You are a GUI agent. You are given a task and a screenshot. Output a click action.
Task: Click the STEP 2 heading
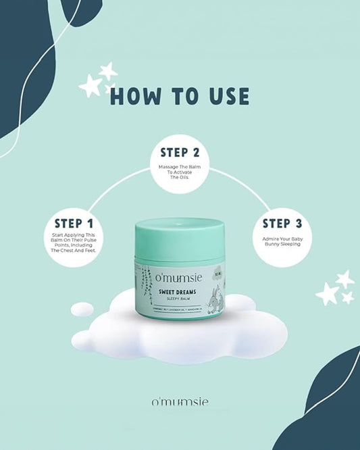(180, 152)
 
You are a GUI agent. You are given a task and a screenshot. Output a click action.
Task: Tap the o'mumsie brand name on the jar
(180, 279)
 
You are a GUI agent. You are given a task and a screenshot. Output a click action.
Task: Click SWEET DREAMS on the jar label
(179, 291)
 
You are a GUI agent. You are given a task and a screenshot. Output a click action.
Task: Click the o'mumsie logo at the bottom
(180, 403)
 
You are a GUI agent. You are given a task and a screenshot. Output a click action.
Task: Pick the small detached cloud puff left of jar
(82, 310)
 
